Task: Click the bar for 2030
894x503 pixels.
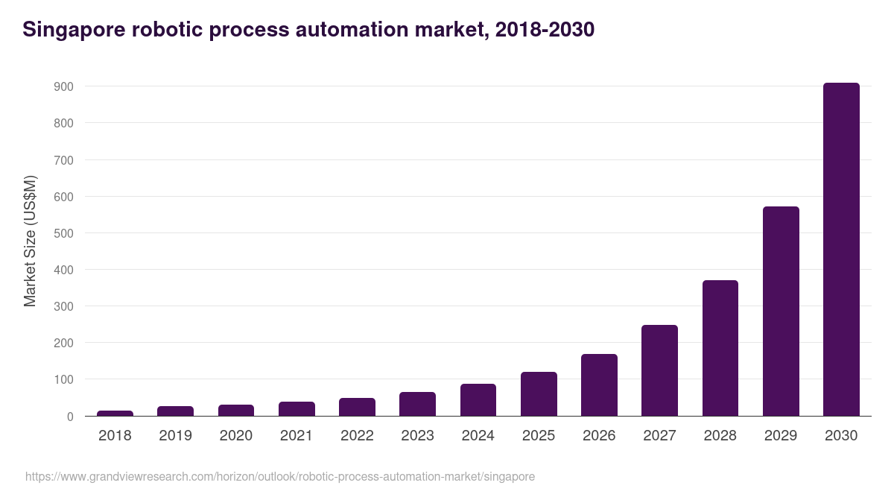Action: [841, 250]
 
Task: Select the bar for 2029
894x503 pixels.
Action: [781, 311]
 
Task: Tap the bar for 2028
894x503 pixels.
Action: [720, 348]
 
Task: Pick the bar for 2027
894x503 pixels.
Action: [659, 370]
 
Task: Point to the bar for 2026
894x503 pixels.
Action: [599, 385]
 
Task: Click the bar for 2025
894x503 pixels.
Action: [539, 394]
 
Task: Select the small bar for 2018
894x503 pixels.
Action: [115, 413]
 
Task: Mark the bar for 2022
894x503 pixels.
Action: [357, 407]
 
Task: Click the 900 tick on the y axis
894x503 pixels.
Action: [63, 86]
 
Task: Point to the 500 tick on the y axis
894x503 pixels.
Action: [63, 233]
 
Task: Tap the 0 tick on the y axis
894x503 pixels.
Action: [70, 417]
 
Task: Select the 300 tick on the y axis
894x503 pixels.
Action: [63, 306]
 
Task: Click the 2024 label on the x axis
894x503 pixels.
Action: [478, 436]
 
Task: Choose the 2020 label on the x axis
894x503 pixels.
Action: [235, 436]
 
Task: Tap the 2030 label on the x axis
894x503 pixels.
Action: [841, 436]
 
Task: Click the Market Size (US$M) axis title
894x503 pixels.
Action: [30, 241]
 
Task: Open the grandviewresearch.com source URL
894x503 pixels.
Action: [279, 476]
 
